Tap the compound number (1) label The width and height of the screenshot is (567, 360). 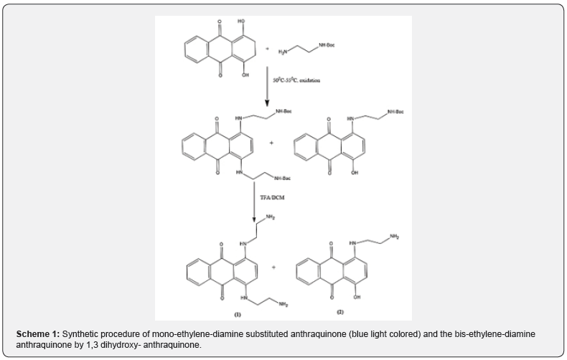click(237, 314)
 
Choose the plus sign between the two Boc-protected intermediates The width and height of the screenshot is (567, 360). click(271, 143)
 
